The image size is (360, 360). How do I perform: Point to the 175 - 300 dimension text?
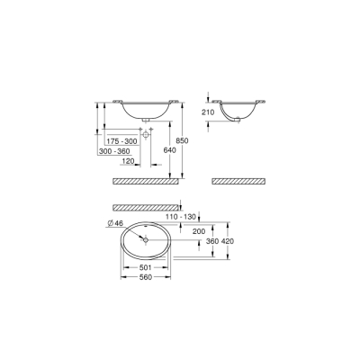(122, 142)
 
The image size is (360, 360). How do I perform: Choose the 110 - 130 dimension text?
(181, 217)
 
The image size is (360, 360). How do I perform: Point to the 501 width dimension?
(145, 267)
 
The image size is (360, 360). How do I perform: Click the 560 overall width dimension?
(145, 277)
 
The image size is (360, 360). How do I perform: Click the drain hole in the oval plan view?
(146, 239)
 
